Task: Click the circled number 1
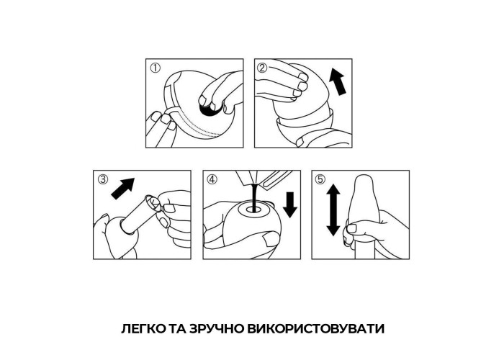point(156,68)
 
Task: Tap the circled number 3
point(103,180)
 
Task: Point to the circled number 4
point(212,180)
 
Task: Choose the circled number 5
point(320,180)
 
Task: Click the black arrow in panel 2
point(338,82)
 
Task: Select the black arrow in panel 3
point(122,189)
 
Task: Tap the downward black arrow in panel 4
point(291,204)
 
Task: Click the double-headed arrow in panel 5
point(333,210)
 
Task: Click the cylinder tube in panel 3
point(138,213)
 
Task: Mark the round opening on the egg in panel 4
point(253,210)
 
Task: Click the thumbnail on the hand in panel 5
point(351,228)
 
